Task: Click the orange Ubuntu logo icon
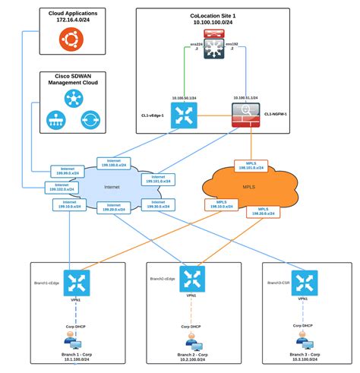click(x=72, y=43)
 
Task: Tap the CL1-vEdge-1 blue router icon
click(x=185, y=115)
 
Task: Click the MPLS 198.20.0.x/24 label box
click(x=262, y=211)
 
